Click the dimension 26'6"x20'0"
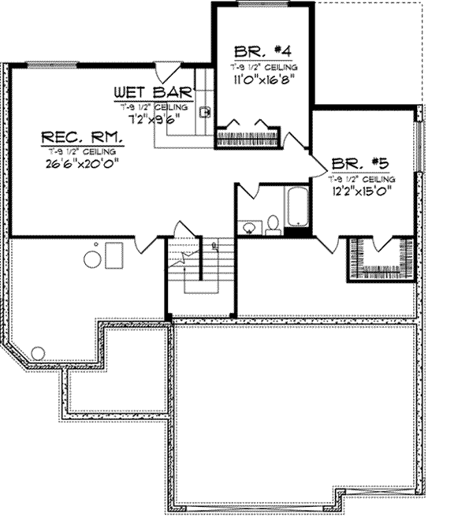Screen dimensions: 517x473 pyautogui.click(x=82, y=164)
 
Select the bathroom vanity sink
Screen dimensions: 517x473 pyautogui.click(x=249, y=227)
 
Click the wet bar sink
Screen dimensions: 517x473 pyautogui.click(x=204, y=112)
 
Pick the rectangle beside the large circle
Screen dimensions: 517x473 pyautogui.click(x=114, y=255)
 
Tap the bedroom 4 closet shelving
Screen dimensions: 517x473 pyautogui.click(x=248, y=134)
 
